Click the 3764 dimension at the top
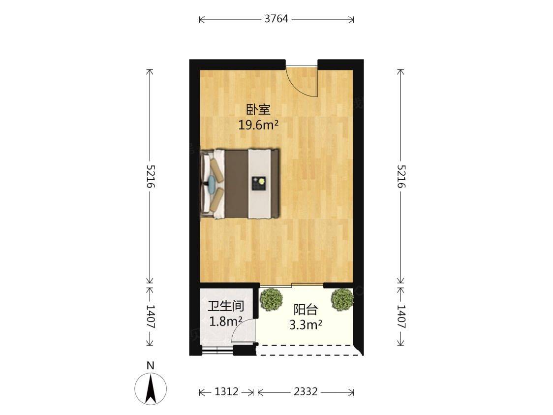point(276,19)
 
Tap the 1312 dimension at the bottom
point(226,391)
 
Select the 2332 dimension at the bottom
point(306,391)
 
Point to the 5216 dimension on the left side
point(150,176)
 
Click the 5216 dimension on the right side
point(400,176)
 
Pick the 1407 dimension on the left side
point(150,317)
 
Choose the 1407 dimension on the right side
point(400,317)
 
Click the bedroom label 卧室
point(258,110)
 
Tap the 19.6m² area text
point(258,125)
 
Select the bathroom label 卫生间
point(226,306)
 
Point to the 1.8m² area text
point(226,321)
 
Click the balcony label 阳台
point(306,310)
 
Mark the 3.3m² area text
point(306,324)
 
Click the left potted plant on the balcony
point(271,300)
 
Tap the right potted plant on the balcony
point(342,300)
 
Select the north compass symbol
point(151,389)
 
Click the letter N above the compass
point(151,365)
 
